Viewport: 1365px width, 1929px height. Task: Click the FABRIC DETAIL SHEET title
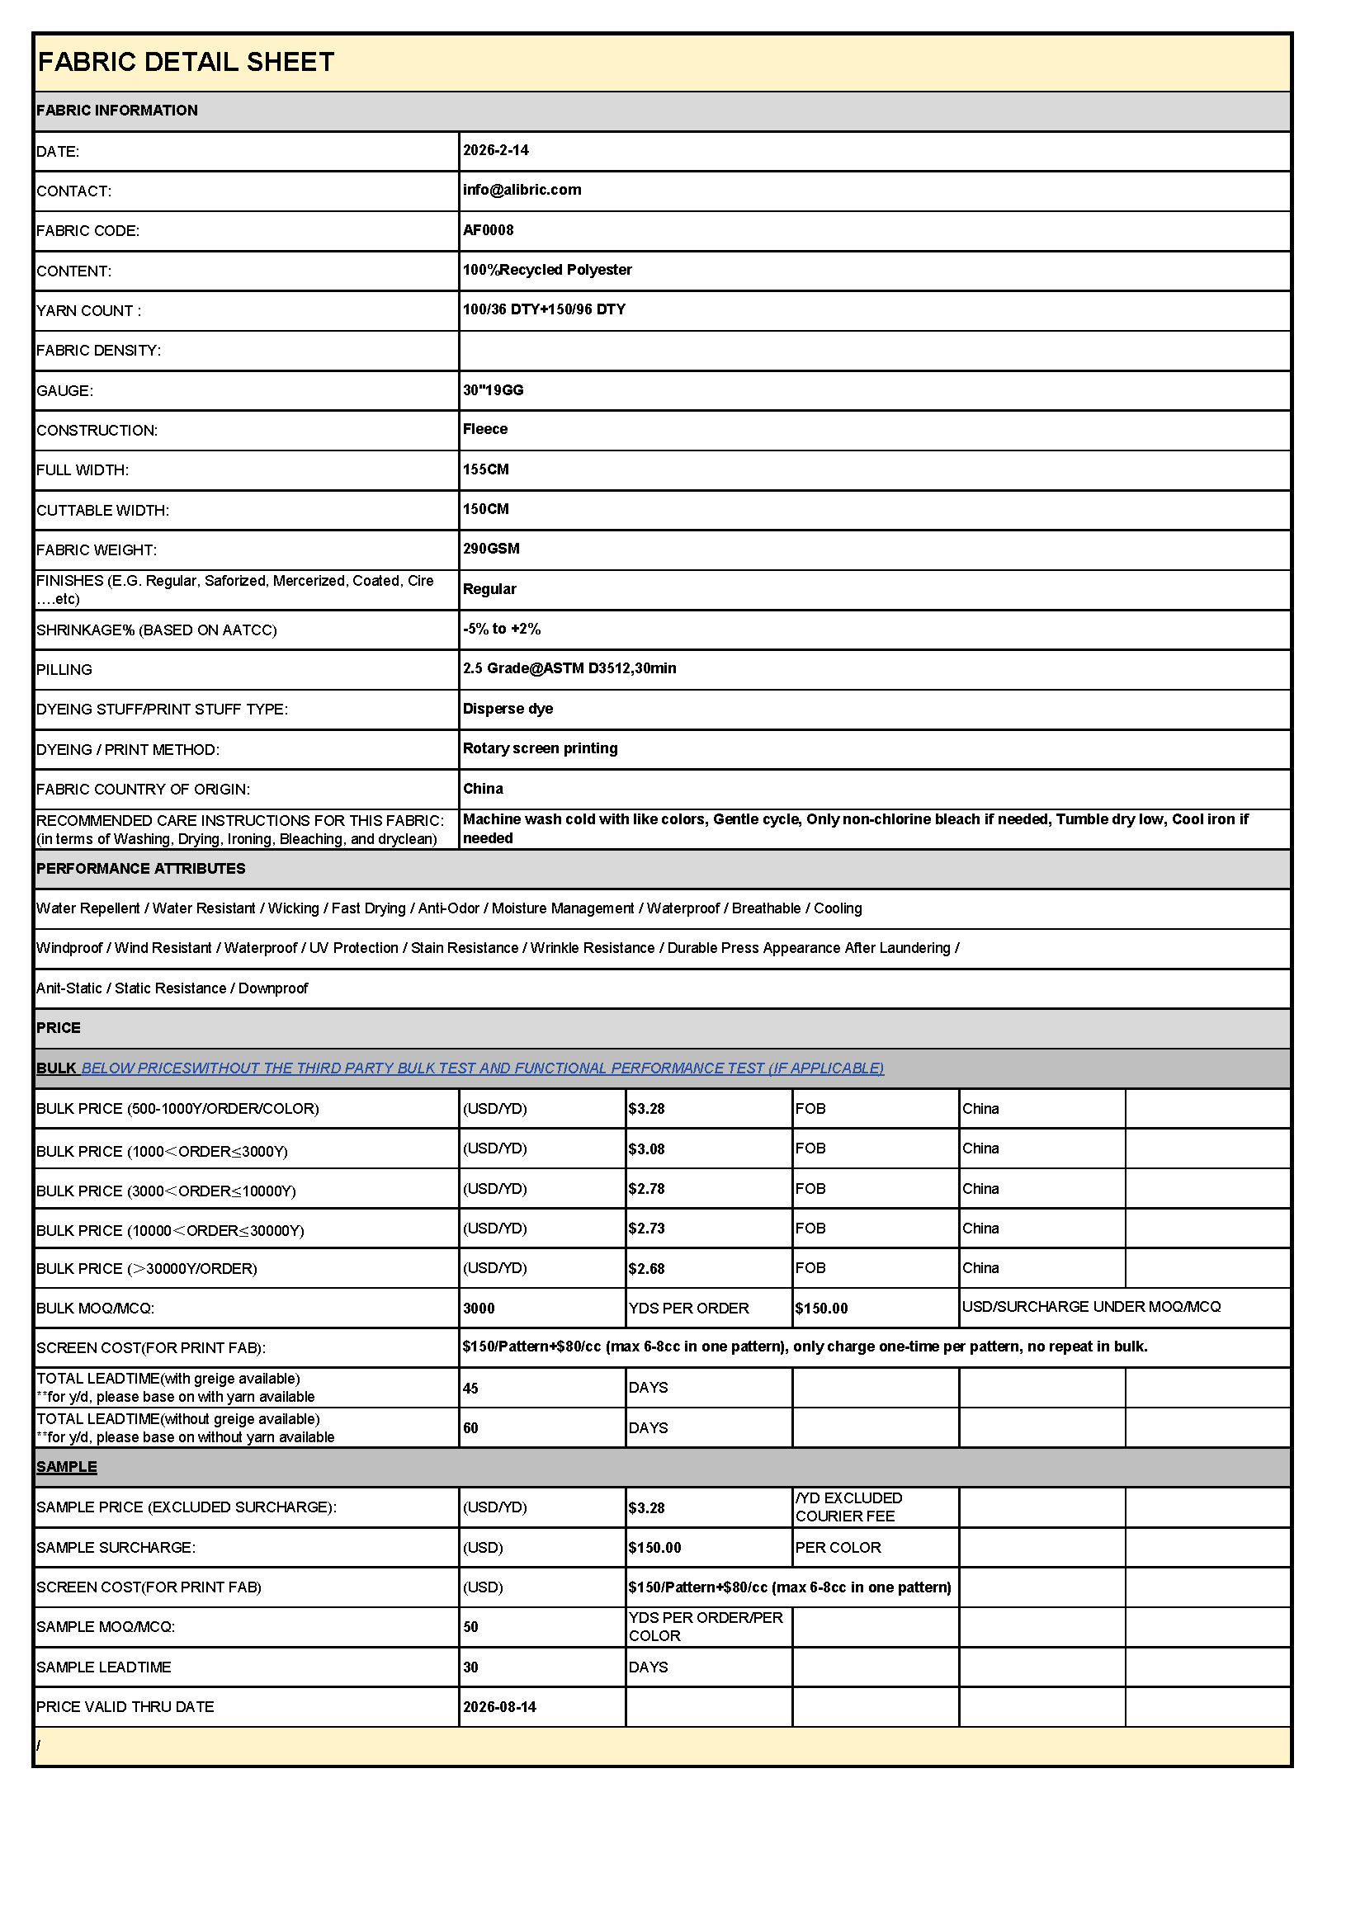[186, 62]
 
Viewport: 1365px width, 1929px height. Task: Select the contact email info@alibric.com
[522, 190]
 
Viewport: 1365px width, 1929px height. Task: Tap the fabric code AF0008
[489, 230]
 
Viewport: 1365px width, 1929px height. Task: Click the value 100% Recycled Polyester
[547, 270]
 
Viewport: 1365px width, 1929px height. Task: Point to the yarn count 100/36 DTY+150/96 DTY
[544, 309]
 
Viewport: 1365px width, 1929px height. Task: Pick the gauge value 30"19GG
[494, 389]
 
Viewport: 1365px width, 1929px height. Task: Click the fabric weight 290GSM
[492, 549]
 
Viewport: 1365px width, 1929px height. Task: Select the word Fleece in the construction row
[486, 429]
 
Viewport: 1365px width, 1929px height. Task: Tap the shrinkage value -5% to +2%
[502, 629]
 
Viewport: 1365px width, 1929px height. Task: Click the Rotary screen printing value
[541, 748]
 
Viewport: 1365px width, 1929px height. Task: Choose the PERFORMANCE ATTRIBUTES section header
[140, 869]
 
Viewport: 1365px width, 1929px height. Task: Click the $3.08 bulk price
[646, 1149]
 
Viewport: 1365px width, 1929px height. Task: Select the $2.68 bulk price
[646, 1269]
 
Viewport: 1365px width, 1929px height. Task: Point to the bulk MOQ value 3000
[479, 1309]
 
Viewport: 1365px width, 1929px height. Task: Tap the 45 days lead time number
[470, 1389]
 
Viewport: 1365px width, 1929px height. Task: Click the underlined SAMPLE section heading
[66, 1467]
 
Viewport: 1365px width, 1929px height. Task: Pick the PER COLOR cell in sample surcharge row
[838, 1548]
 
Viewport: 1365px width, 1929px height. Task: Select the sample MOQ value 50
[470, 1627]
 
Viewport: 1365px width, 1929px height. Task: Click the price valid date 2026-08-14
[499, 1707]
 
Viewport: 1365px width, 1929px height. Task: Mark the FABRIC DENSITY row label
[98, 351]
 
